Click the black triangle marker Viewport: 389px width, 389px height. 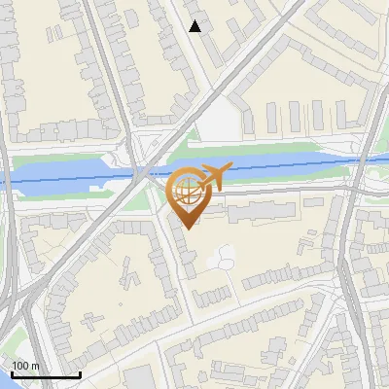pyautogui.click(x=195, y=26)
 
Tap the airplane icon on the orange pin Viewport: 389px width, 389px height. pyautogui.click(x=213, y=176)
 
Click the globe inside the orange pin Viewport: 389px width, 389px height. pyautogui.click(x=186, y=192)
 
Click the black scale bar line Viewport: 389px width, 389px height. pyautogui.click(x=45, y=375)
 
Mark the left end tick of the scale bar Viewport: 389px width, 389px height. pyautogui.click(x=12, y=373)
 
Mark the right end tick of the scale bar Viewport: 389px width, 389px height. pyautogui.click(x=79, y=373)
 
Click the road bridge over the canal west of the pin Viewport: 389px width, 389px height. pyautogui.click(x=143, y=172)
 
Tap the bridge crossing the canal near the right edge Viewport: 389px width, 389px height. pyautogui.click(x=358, y=165)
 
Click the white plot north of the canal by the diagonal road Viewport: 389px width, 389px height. pyautogui.click(x=222, y=120)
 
